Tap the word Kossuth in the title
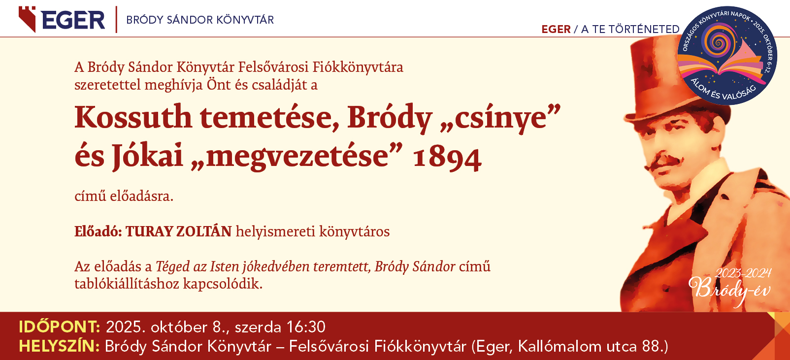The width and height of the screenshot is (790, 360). click(133, 117)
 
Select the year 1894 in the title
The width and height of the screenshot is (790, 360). click(447, 158)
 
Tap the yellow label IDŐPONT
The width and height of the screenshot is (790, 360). click(60, 327)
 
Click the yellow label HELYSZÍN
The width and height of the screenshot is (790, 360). click(59, 346)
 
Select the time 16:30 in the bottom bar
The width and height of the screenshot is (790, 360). click(305, 327)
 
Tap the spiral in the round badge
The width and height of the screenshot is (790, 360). click(717, 42)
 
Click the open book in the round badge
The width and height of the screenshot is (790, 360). click(723, 65)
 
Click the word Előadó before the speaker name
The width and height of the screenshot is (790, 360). click(98, 231)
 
